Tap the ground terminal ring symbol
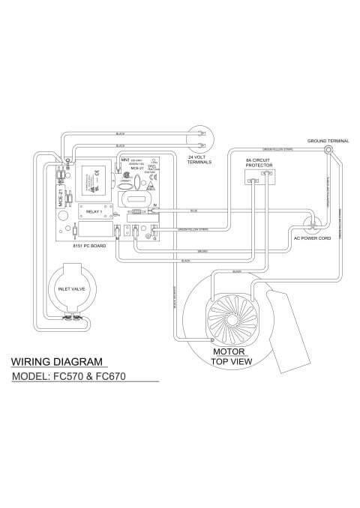tap(328, 151)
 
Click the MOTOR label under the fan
tap(226, 351)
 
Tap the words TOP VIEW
tap(229, 360)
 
